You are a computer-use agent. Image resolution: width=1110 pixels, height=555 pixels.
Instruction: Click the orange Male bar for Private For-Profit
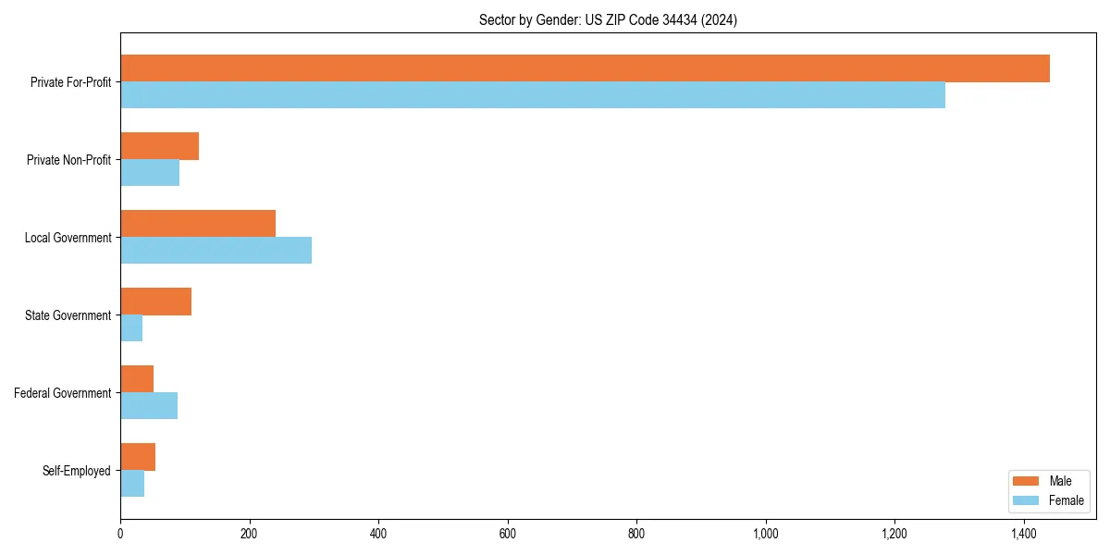(585, 68)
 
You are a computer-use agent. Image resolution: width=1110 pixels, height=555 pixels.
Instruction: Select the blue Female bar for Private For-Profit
(533, 95)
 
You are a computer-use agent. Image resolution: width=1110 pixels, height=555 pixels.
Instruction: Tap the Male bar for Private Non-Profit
(159, 146)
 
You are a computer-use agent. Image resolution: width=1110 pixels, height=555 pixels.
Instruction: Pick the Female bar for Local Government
(216, 251)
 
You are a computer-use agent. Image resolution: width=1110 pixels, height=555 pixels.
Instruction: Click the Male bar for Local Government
(198, 224)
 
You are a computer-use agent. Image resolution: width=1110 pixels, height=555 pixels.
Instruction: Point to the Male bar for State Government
(155, 302)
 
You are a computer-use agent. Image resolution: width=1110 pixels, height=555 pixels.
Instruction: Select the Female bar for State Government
(131, 328)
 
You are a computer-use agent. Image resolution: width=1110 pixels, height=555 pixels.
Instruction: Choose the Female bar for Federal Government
(149, 406)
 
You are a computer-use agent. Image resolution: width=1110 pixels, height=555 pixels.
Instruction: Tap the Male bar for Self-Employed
(138, 457)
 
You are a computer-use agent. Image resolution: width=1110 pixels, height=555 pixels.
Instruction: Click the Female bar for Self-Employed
(132, 484)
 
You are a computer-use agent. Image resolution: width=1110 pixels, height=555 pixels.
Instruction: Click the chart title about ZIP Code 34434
(608, 19)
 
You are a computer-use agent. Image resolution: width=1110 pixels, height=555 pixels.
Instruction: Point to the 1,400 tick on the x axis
(1023, 534)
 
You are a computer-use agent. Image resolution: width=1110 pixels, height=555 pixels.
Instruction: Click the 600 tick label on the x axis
(507, 534)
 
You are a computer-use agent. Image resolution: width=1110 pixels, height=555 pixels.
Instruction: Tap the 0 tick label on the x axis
(120, 534)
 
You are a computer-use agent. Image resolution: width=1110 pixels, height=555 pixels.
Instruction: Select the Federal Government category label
(62, 393)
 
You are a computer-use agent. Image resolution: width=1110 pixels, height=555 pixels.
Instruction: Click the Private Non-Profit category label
(68, 160)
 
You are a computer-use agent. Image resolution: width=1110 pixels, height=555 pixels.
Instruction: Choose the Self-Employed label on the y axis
(76, 471)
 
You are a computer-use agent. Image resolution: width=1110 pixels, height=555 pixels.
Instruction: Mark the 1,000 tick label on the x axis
(765, 534)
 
